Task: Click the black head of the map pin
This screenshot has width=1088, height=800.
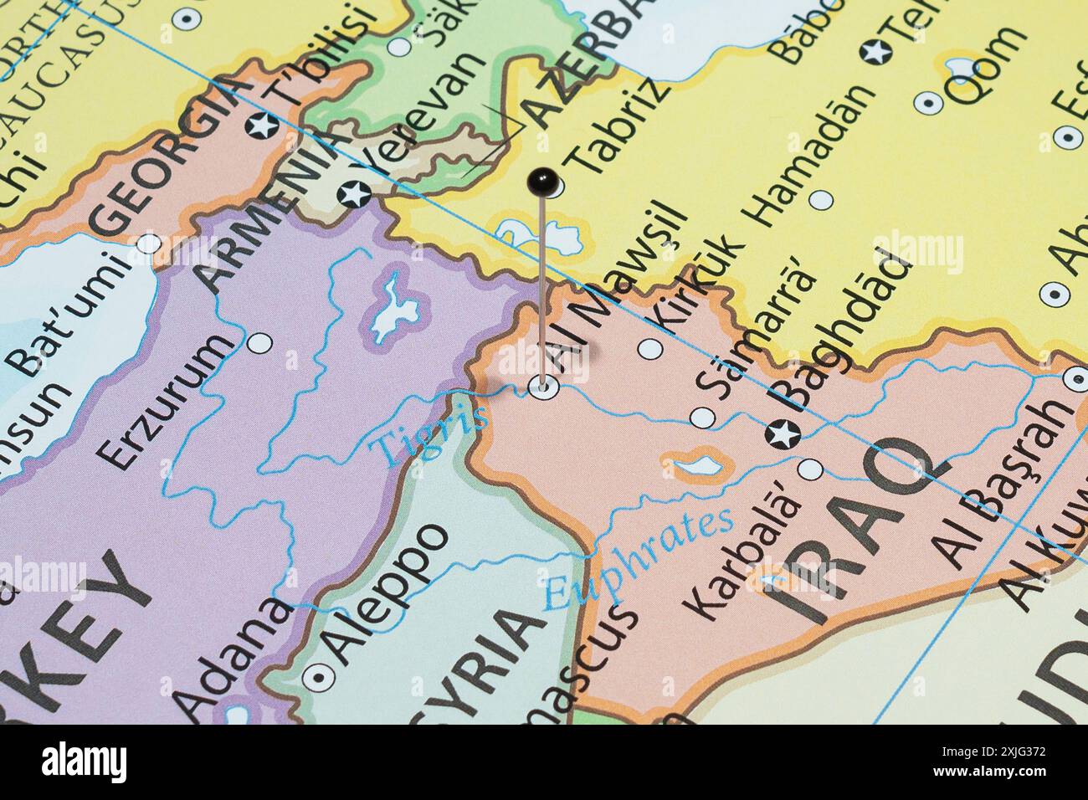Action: tap(543, 179)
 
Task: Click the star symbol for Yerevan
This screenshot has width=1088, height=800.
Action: tap(352, 195)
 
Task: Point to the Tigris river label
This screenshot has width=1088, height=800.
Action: tap(431, 436)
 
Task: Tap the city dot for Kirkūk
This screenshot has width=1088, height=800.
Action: tap(649, 350)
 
